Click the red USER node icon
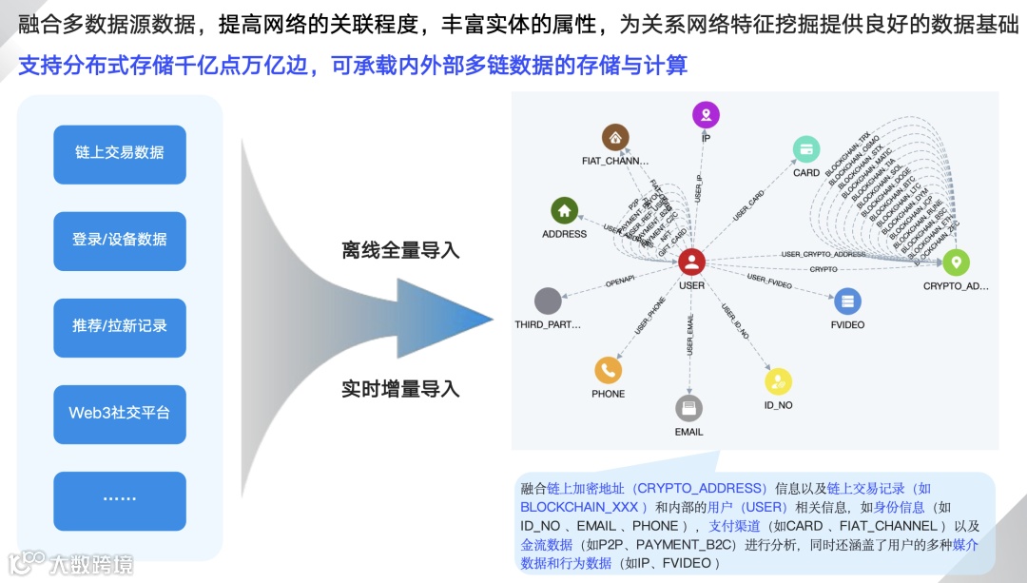692,262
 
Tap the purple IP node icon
706,115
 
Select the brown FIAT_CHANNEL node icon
616,137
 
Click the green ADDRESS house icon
564,210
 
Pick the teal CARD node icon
806,149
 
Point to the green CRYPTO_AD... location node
956,262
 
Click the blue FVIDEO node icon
847,302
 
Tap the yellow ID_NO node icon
778,381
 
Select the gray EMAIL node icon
688,408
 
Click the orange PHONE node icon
608,370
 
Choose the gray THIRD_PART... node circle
548,301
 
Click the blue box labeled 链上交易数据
120,153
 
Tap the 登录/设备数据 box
120,240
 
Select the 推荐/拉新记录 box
120,326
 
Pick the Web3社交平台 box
120,413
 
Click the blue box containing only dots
120,499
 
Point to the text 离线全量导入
400,251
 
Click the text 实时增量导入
400,389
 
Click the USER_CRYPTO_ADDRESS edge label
824,255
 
